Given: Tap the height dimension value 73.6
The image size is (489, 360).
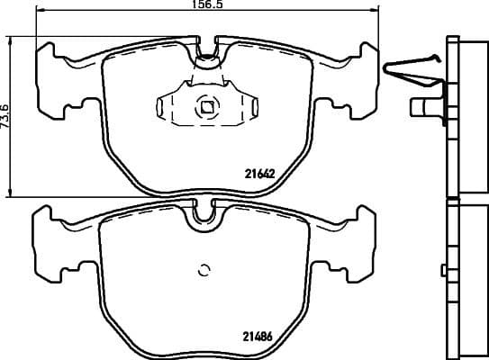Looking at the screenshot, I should [x=5, y=116].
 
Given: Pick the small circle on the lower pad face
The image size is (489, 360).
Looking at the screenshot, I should [x=203, y=268].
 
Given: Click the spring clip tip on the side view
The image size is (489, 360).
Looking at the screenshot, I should [x=387, y=67].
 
